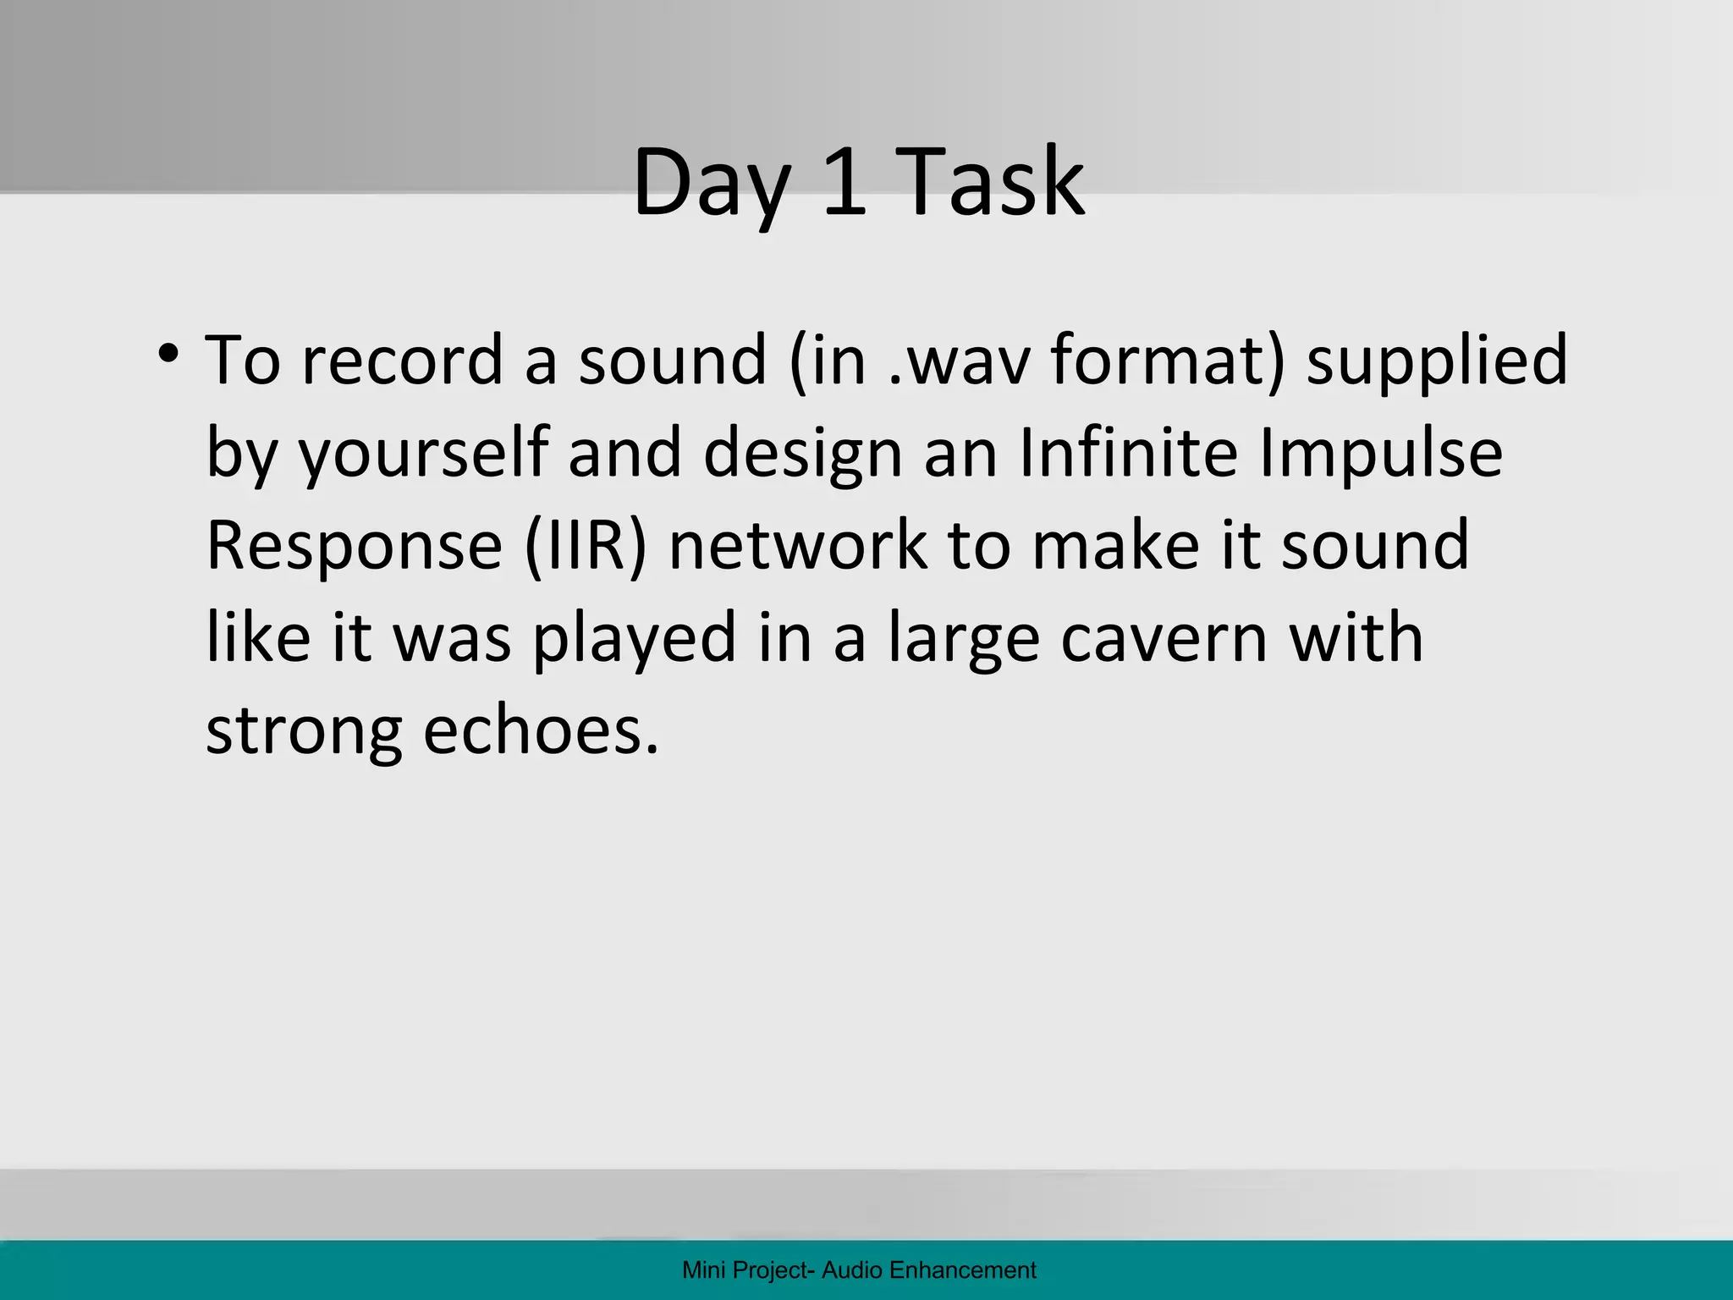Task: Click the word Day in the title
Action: pos(709,183)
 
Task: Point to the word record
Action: pos(403,360)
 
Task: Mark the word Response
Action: pos(355,547)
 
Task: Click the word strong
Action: pos(304,732)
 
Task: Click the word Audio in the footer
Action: pos(853,1270)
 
